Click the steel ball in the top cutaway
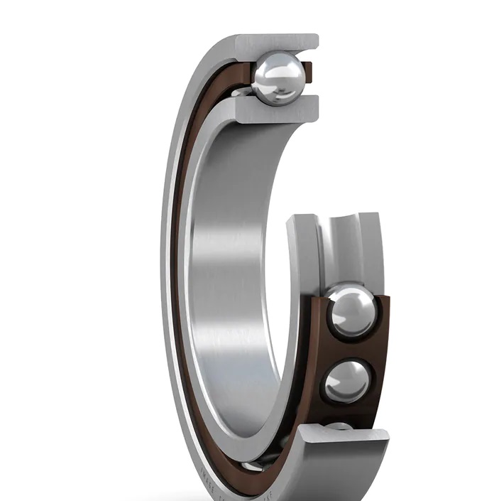click(278, 78)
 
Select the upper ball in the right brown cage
click(351, 311)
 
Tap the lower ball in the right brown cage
click(346, 381)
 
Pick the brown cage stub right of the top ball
click(307, 71)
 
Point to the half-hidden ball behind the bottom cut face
click(339, 426)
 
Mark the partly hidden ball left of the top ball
click(241, 92)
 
